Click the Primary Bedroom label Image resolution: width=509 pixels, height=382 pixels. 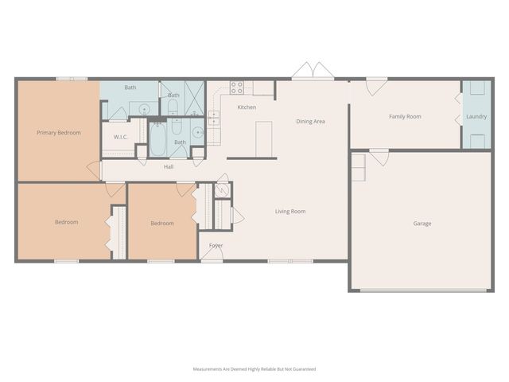(59, 133)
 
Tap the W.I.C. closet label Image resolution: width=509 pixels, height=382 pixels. (121, 137)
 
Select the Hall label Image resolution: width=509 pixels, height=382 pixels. (169, 167)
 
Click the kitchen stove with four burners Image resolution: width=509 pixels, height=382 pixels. (236, 88)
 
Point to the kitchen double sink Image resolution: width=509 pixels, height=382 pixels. (215, 119)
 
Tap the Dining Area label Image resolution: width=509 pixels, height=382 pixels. (310, 122)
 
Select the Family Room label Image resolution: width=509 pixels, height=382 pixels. (405, 117)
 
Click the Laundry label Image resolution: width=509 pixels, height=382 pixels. (476, 117)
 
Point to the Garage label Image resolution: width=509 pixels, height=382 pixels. (422, 224)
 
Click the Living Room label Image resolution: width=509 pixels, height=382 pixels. (290, 212)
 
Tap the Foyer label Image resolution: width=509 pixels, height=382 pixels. (216, 246)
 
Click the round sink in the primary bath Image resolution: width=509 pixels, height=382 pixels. (145, 109)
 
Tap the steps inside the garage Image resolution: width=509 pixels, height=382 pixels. (358, 167)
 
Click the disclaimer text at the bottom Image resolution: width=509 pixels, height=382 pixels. (254, 369)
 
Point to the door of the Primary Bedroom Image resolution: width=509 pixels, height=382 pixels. (95, 169)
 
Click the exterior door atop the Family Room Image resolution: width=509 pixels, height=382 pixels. (376, 82)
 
